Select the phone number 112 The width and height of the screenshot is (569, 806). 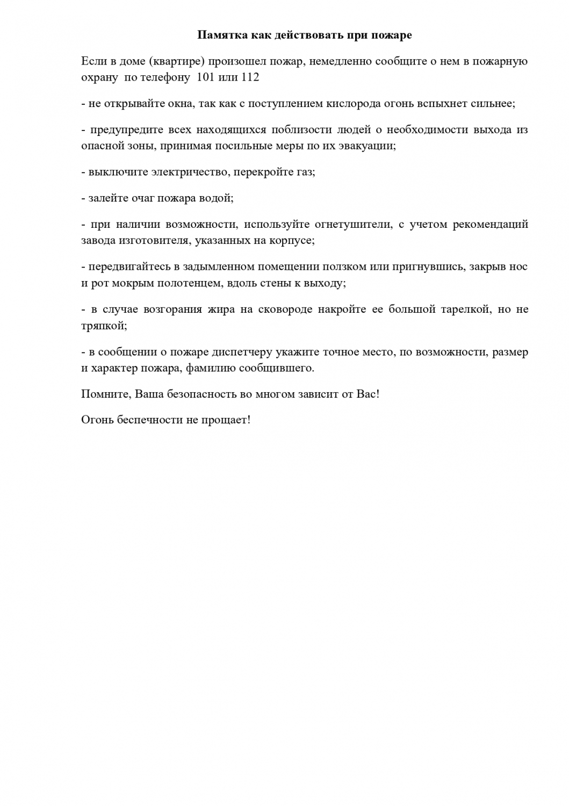[249, 77]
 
